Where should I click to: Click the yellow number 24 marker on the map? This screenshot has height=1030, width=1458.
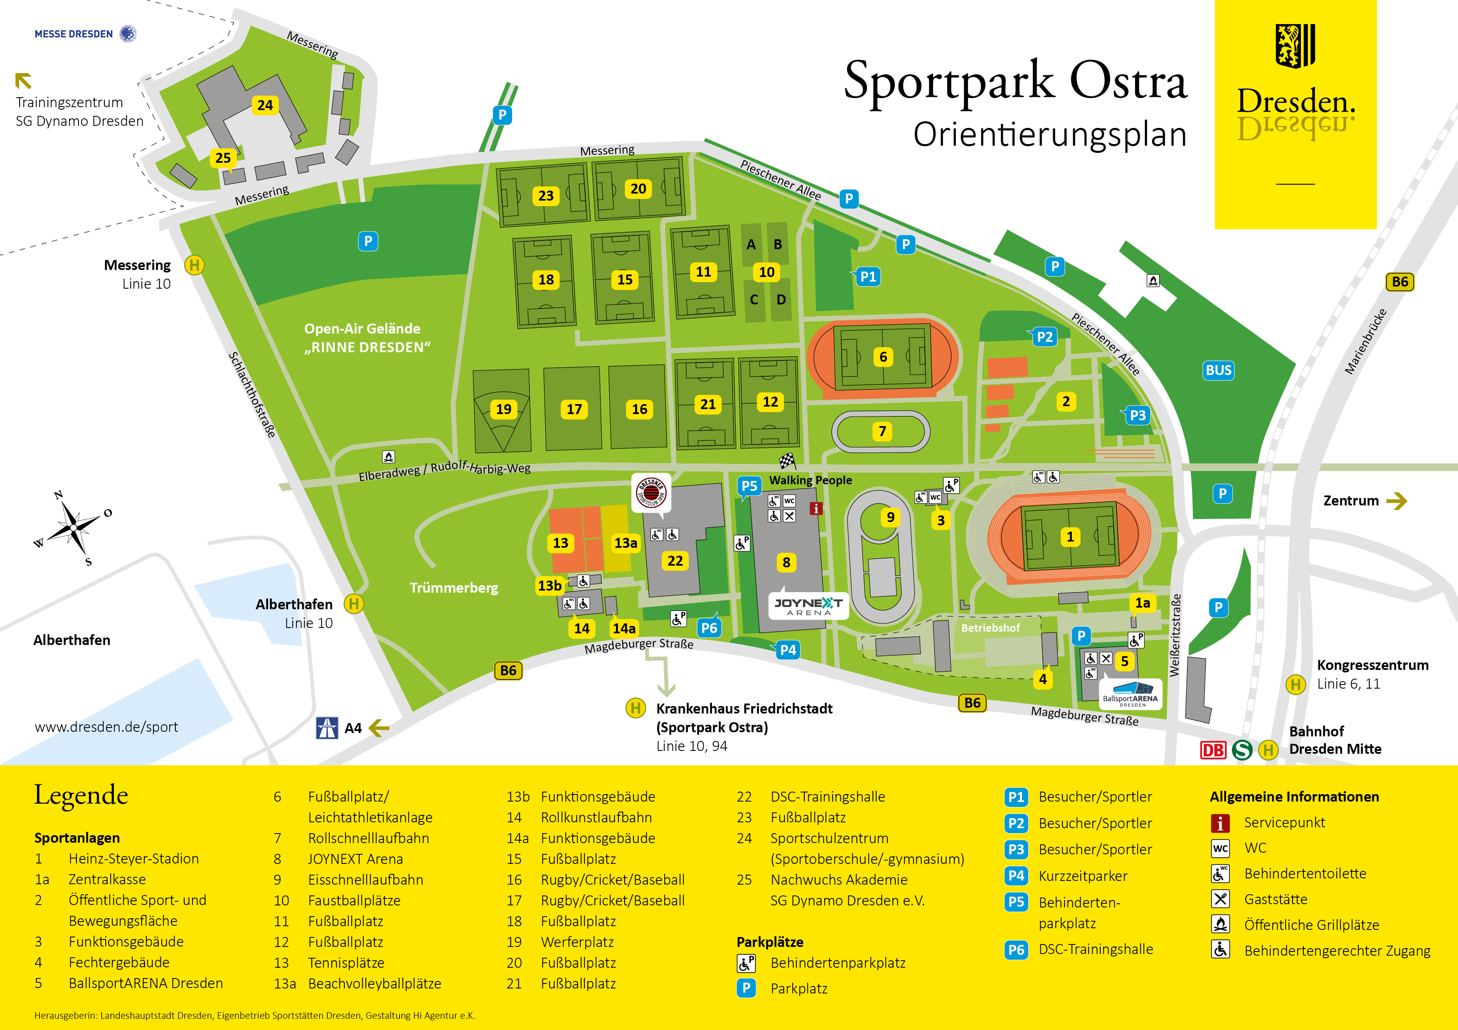tap(265, 105)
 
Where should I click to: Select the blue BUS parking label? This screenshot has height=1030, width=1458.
tap(1218, 370)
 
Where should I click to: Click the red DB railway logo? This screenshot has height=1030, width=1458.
tap(1212, 750)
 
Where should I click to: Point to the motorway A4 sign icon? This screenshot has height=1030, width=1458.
tap(326, 728)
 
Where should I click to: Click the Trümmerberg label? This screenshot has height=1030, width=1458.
tap(453, 588)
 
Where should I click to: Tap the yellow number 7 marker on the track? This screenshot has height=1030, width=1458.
tap(882, 432)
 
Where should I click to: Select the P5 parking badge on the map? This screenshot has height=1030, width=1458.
tap(749, 486)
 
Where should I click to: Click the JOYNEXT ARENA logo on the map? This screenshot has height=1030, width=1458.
tap(808, 606)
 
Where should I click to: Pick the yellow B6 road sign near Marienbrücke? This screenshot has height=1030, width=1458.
tap(1399, 282)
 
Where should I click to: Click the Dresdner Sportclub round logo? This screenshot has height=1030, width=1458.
tap(651, 492)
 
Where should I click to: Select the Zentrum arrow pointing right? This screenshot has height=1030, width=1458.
tap(1396, 501)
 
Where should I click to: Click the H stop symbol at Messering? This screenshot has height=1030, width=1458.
tap(195, 265)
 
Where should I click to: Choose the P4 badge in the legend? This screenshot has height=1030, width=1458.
tap(1016, 876)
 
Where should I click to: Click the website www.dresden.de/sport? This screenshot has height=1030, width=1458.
tap(106, 727)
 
